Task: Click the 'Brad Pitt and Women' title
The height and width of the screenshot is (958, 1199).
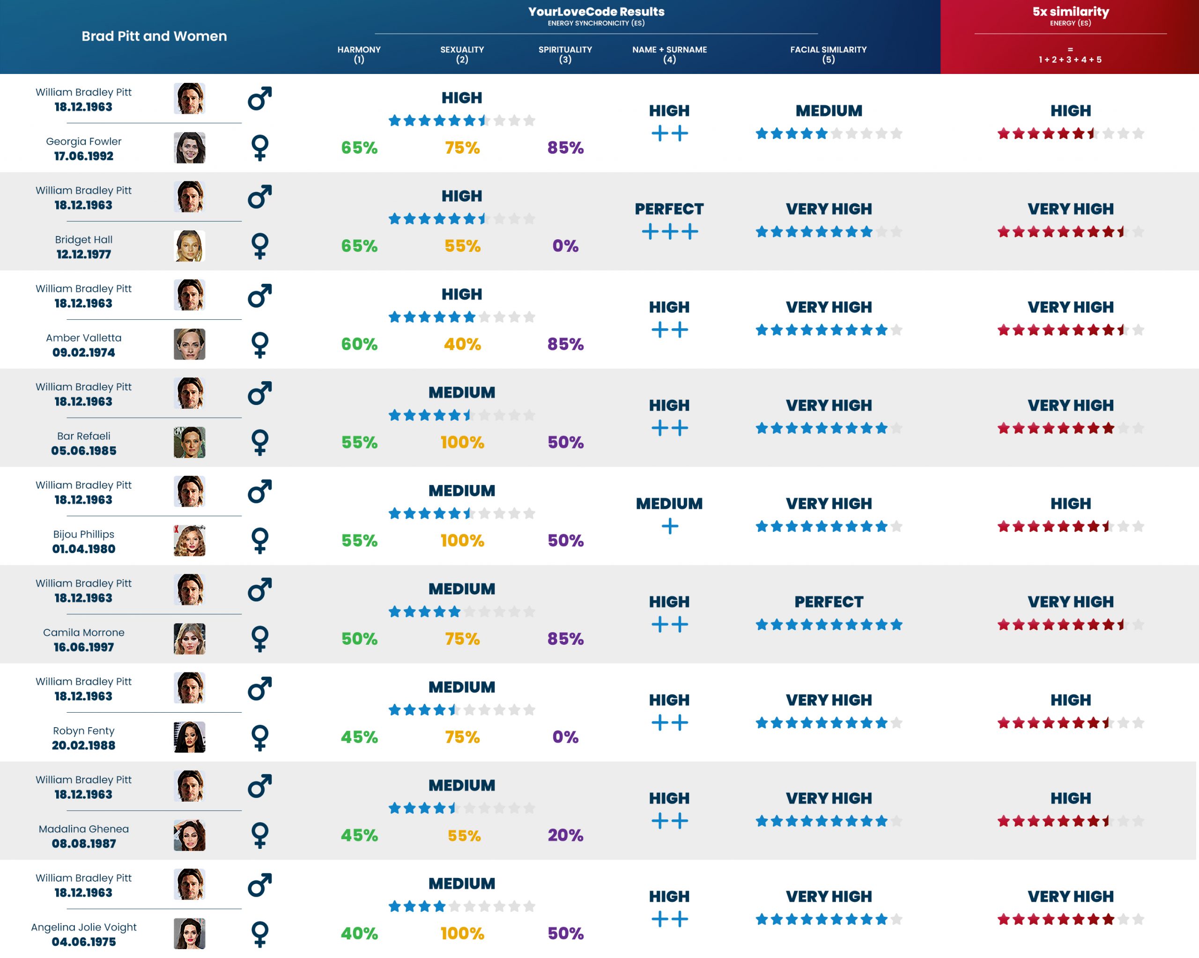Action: tap(154, 36)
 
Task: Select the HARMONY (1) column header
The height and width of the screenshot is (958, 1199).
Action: tap(359, 54)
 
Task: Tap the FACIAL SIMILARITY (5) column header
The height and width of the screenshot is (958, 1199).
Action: tap(828, 54)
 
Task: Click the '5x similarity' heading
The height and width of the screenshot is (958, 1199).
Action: tap(1071, 12)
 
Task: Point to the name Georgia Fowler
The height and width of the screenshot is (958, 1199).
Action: tap(83, 141)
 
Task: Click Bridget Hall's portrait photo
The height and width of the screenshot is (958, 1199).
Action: tap(189, 246)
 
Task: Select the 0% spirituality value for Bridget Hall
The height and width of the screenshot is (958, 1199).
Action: tap(565, 246)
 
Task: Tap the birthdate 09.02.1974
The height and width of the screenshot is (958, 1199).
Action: tap(83, 353)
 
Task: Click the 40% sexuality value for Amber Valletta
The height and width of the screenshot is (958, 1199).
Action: tap(462, 344)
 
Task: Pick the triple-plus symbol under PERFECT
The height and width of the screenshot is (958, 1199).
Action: tap(670, 231)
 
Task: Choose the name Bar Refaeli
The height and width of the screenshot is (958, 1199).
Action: tap(83, 436)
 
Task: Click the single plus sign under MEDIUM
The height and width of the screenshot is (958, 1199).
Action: tap(670, 526)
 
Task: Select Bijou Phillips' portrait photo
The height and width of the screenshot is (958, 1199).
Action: tap(189, 540)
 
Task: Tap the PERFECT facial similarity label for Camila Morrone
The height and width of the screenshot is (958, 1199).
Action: tap(829, 602)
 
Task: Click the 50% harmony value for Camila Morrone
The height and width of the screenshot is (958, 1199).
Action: tap(359, 639)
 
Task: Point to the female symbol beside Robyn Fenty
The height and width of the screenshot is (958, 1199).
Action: tap(260, 737)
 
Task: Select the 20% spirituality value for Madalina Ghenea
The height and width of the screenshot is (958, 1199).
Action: tap(565, 835)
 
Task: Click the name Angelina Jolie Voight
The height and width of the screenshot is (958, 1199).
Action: tap(83, 927)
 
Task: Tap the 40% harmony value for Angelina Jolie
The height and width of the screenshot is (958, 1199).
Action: tap(359, 934)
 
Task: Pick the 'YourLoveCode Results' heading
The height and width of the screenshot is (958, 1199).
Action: tap(596, 12)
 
